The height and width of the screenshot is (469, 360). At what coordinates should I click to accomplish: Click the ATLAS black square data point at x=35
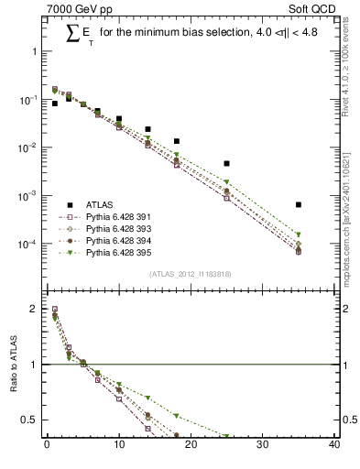click(299, 204)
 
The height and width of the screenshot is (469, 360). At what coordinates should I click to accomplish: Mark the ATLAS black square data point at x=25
click(226, 163)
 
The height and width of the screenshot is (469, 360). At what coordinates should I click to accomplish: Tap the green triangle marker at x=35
click(299, 234)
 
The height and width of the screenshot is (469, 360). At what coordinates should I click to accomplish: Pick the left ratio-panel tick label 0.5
click(29, 420)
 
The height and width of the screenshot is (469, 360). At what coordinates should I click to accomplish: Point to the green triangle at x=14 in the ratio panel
click(147, 398)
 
